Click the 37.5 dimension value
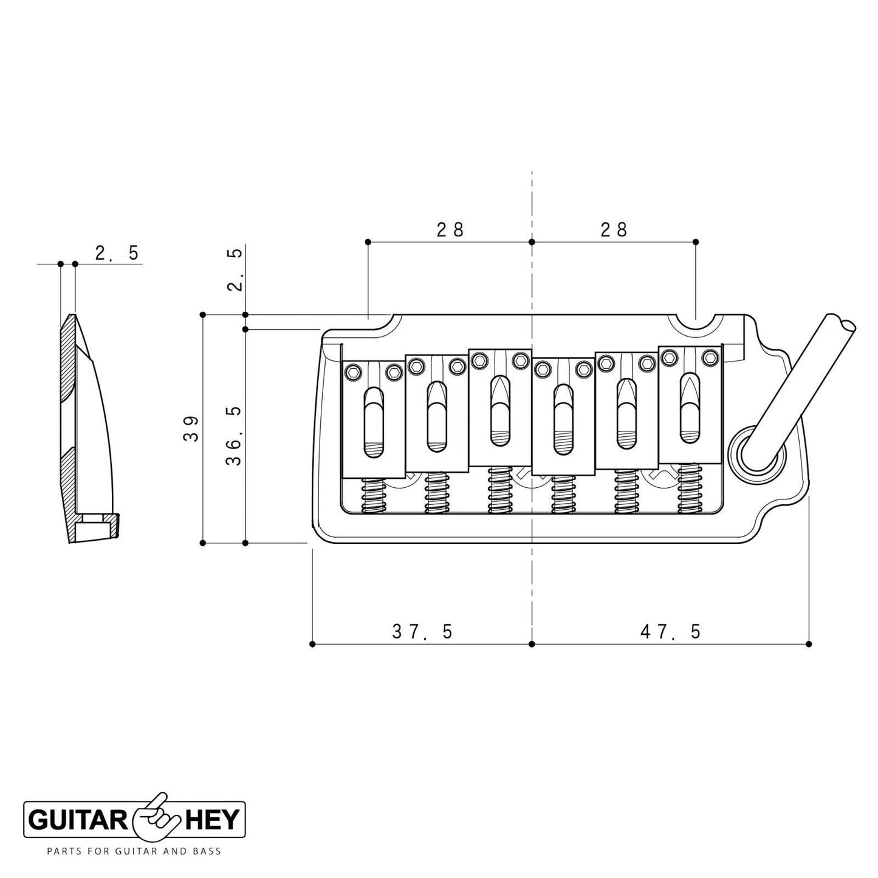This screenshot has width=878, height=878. [422, 632]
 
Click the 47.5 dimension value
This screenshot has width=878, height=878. [670, 632]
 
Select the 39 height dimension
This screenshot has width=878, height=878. [191, 429]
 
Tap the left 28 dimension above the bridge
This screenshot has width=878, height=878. [450, 230]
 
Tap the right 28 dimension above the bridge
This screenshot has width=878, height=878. [614, 230]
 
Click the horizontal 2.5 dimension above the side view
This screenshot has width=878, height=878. [117, 253]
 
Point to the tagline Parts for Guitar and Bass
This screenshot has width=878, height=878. [134, 851]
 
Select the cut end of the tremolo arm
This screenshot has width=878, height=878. [842, 323]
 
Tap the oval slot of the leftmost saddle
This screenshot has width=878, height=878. [374, 423]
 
